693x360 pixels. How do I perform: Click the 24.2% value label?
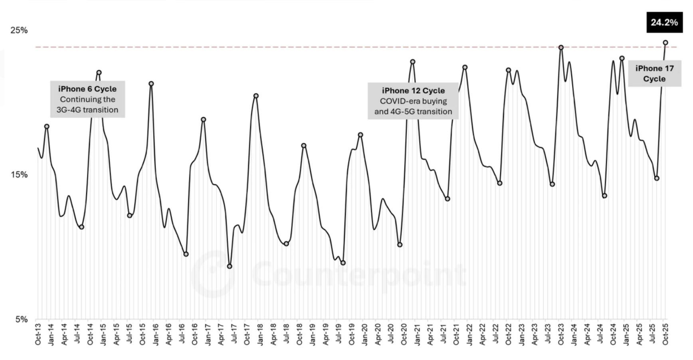(x=664, y=22)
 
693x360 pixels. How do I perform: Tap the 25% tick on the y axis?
(x=19, y=30)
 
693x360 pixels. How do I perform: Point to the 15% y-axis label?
(x=19, y=175)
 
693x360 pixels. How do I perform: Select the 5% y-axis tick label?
(x=22, y=319)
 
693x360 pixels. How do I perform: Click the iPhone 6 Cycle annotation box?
(x=87, y=99)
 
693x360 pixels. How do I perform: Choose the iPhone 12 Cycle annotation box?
(x=413, y=101)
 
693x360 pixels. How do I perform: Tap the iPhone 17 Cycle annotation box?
(x=654, y=73)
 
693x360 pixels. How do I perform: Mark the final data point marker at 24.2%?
(x=665, y=43)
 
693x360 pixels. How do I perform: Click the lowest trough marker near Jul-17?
(x=230, y=266)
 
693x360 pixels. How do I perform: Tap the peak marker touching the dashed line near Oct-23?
(x=561, y=47)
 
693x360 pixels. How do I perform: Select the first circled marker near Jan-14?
(x=47, y=127)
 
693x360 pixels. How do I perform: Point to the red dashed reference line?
(x=319, y=47)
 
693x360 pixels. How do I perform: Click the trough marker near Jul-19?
(x=343, y=263)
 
